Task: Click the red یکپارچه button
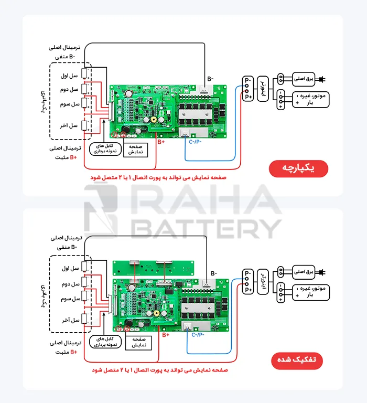point(298,168)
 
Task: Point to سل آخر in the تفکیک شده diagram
point(69,320)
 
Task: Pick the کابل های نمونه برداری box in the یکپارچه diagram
point(105,150)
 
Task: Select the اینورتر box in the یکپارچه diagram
point(264,86)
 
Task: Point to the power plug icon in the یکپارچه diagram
point(322,79)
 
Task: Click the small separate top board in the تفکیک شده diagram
point(153,268)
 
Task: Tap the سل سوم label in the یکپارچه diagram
point(69,104)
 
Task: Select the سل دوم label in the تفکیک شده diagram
point(69,284)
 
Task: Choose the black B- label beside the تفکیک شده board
point(214,273)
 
